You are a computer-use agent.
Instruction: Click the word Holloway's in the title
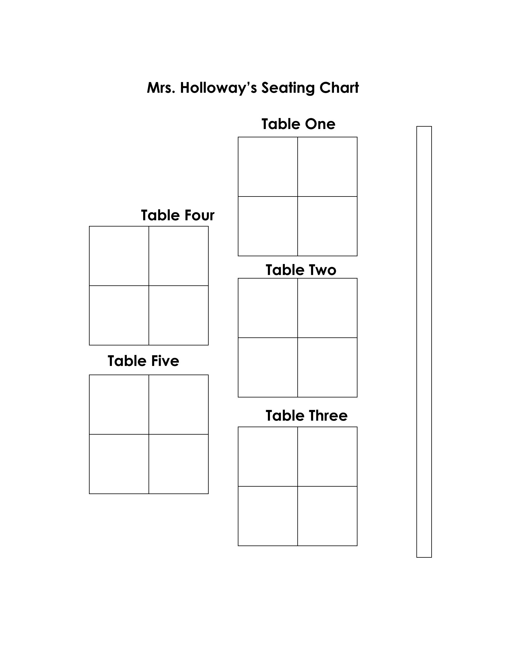click(218, 88)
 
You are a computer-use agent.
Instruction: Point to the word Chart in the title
click(339, 88)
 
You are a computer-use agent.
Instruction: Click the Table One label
click(298, 124)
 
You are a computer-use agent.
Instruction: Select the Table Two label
click(301, 270)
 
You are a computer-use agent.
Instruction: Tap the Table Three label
click(307, 416)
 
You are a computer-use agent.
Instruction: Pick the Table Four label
click(178, 215)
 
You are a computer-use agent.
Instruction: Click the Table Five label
click(143, 361)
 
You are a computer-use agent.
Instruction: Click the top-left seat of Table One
click(268, 167)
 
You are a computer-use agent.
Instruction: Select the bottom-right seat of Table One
click(327, 226)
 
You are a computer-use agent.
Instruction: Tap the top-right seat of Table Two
click(327, 308)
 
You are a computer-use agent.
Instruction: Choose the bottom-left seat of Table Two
click(268, 367)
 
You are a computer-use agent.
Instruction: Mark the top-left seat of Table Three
click(268, 457)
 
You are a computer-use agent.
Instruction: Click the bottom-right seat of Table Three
click(327, 516)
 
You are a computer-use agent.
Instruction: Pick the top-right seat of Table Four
click(178, 256)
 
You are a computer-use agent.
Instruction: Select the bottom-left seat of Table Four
click(119, 315)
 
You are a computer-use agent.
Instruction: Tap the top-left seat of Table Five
click(119, 405)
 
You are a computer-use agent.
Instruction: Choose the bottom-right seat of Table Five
click(178, 464)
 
